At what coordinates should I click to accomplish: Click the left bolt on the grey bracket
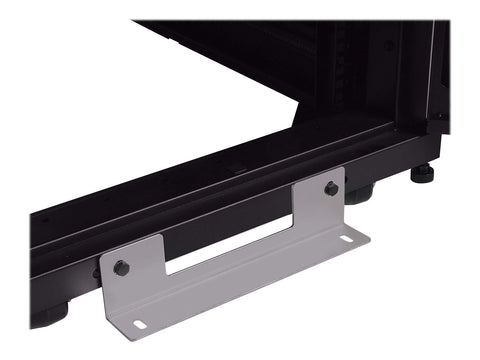(x=122, y=267)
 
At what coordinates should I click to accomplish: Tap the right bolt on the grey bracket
(x=331, y=188)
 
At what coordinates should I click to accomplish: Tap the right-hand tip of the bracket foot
(x=364, y=239)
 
